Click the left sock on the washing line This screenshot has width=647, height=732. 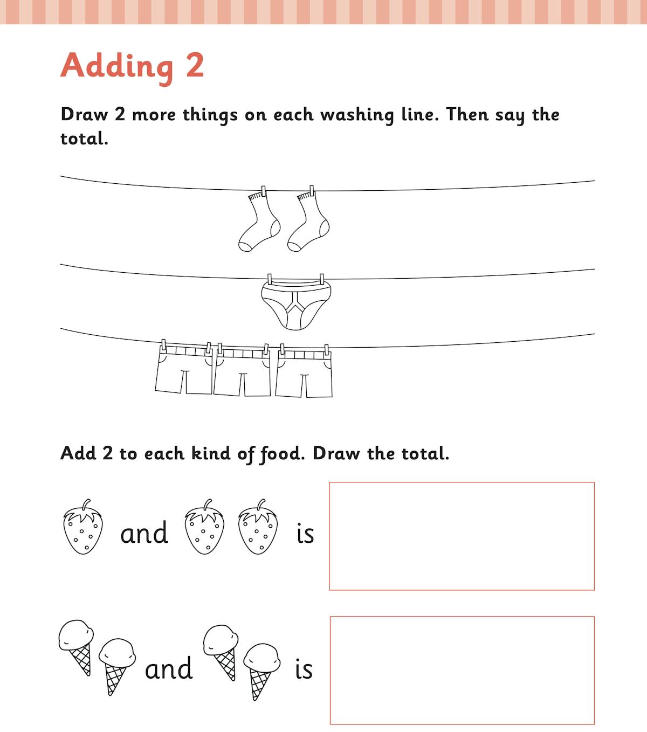(x=259, y=223)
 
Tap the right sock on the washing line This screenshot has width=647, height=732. (x=308, y=223)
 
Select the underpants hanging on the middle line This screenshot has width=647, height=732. (x=295, y=304)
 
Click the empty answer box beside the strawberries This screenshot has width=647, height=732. (x=462, y=536)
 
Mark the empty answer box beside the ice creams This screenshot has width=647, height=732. (x=462, y=670)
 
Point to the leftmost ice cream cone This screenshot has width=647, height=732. (x=76, y=647)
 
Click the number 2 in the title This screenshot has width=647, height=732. (x=195, y=65)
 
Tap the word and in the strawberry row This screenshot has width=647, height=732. (x=144, y=533)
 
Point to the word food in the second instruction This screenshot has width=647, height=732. (x=282, y=454)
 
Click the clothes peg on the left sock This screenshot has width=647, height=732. (x=264, y=191)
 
